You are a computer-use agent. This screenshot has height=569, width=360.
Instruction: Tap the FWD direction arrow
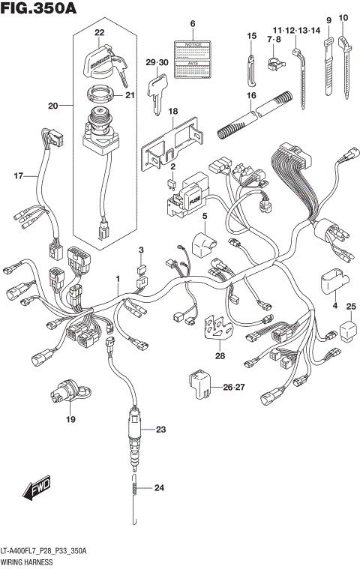coord(35,491)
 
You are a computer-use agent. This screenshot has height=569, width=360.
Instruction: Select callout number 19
coord(70,419)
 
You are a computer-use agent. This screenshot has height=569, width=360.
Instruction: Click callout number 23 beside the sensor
coord(159,430)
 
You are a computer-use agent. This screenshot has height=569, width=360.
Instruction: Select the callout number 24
coord(158,488)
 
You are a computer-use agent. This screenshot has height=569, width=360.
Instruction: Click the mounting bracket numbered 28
coord(218,329)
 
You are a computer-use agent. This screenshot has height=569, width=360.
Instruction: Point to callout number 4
coord(334,306)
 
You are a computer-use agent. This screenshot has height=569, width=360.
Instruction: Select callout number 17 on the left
coord(18,176)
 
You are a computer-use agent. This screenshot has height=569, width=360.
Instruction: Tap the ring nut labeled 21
coord(100,96)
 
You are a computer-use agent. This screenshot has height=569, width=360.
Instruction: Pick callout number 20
coord(52,106)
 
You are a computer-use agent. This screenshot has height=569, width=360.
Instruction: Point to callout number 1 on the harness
coord(117,279)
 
